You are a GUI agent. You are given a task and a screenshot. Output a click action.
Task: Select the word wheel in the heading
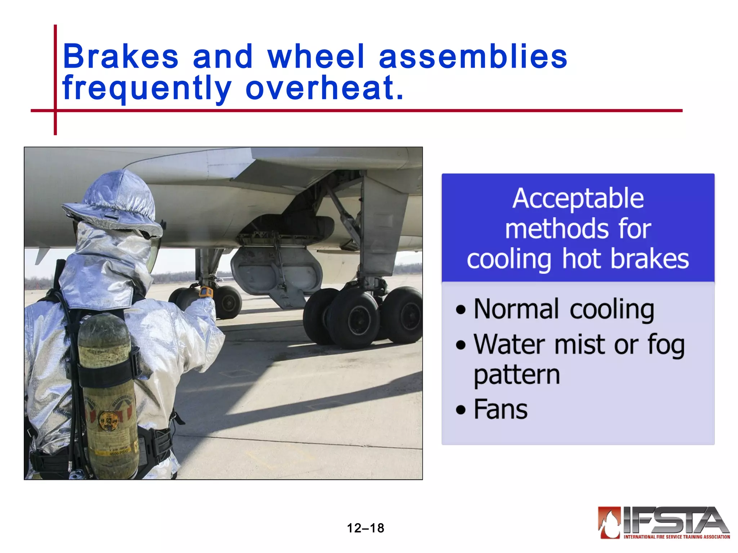click(316, 57)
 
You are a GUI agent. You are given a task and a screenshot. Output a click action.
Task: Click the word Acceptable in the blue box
click(578, 199)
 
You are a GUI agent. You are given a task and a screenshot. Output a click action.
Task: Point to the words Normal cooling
click(564, 309)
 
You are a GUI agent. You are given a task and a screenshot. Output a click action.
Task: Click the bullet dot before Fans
click(461, 410)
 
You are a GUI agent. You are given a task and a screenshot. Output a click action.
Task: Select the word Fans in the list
click(501, 409)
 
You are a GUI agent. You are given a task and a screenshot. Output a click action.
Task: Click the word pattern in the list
click(517, 376)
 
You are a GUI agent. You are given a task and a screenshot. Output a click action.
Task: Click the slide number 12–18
click(365, 528)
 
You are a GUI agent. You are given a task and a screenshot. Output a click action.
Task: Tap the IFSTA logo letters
click(676, 520)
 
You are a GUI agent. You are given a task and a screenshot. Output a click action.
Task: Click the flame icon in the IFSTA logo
click(609, 522)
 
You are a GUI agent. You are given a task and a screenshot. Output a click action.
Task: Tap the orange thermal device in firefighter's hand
click(206, 292)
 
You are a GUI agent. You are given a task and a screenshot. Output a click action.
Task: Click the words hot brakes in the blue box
click(625, 259)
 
